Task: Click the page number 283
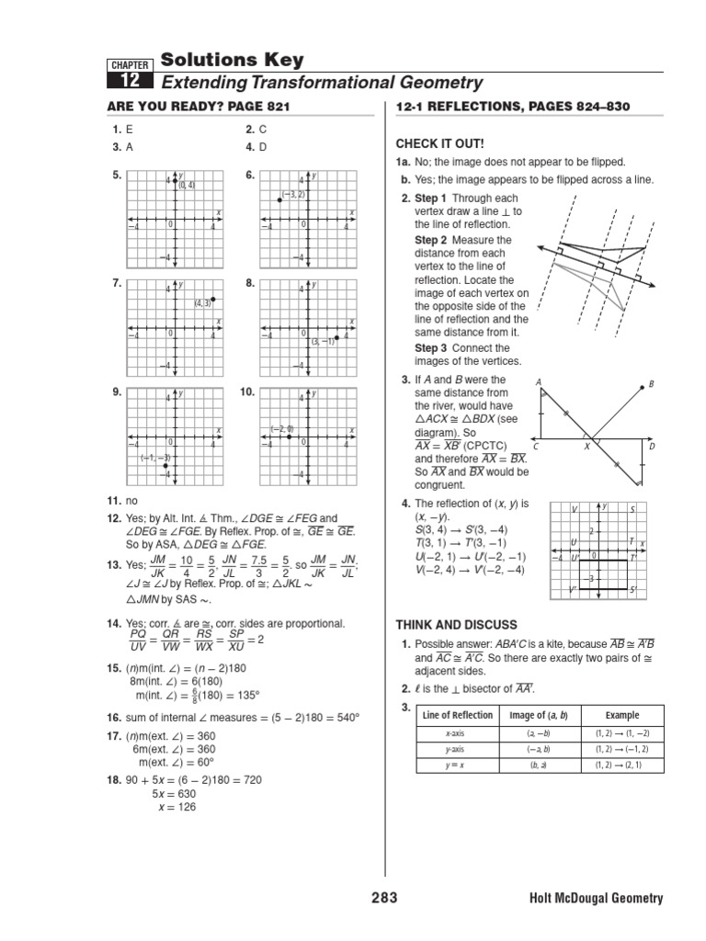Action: (x=384, y=898)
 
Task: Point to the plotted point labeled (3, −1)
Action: (x=337, y=337)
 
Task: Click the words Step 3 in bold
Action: (x=430, y=348)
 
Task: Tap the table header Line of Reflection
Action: (x=456, y=715)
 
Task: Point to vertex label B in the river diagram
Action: (x=651, y=384)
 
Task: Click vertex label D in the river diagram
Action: (x=652, y=447)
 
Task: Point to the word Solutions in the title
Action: (x=204, y=60)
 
